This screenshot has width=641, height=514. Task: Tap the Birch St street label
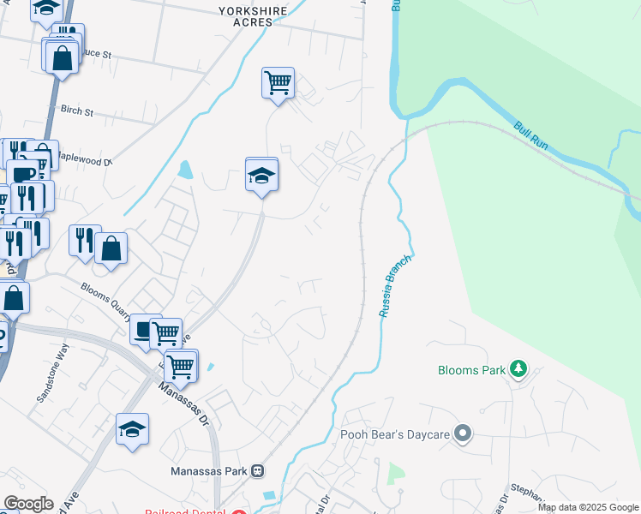[76, 111]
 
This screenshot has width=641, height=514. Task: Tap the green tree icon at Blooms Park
[518, 369]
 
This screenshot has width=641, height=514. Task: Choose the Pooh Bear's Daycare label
[395, 435]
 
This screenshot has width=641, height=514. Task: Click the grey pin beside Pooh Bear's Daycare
[463, 434]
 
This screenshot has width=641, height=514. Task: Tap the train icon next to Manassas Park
[256, 470]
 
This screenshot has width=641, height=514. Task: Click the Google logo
[28, 504]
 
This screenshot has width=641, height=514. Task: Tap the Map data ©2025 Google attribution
[589, 507]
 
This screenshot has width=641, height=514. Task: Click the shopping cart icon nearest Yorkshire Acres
[278, 83]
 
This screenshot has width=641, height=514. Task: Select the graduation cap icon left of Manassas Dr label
[133, 429]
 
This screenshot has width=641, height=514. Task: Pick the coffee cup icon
[143, 328]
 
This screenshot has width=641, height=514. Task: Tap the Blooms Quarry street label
[109, 300]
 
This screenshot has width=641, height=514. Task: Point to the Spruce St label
[96, 53]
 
